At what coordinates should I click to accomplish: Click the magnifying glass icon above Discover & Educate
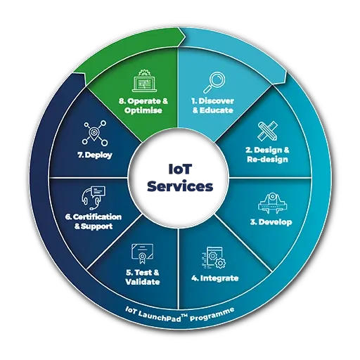pos(214,82)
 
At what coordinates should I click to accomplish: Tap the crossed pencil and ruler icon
pos(268,131)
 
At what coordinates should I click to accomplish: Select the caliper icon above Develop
pos(273,203)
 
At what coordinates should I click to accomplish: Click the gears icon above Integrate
pos(214,258)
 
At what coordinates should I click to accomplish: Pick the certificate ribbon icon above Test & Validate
pos(142,254)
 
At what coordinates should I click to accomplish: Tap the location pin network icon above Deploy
pos(95,133)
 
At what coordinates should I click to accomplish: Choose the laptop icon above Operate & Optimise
pos(144,81)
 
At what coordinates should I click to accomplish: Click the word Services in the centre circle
pos(180,186)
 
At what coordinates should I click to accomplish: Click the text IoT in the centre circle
pos(180,169)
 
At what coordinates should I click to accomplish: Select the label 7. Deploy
pos(95,155)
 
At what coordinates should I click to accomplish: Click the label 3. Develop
pos(271,222)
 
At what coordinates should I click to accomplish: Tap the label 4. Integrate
pos(215,278)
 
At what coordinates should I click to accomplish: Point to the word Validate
pos(143,282)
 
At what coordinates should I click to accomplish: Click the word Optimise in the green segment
pos(143,110)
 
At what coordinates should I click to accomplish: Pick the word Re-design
pos(267,160)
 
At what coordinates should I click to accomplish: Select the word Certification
pos(97,217)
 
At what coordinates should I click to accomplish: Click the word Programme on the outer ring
pos(212,315)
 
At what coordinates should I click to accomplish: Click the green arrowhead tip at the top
pos(186,37)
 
